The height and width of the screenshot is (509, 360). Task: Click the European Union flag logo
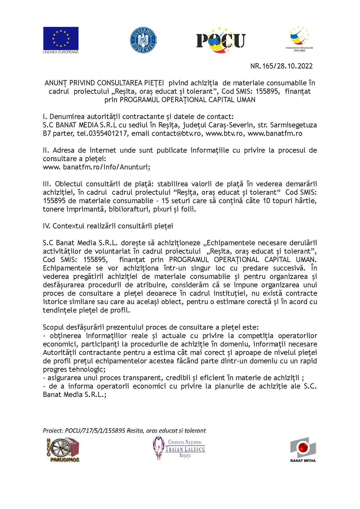pos(61,40)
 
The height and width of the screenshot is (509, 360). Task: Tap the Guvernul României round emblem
pos(143,40)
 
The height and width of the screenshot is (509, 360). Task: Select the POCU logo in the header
pos(221,40)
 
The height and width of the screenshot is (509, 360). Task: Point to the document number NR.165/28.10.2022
pos(281,66)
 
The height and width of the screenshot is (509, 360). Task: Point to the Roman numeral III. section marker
pos(48,184)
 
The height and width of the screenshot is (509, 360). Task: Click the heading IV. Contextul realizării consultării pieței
pos(108,226)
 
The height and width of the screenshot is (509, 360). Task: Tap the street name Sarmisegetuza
pos(293,125)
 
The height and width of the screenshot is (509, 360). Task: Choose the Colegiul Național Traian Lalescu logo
pos(179,449)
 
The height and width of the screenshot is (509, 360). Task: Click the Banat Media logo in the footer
pos(303,450)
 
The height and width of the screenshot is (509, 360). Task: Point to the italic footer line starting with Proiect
pos(124,431)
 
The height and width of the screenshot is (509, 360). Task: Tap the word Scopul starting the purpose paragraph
pos(53,327)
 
